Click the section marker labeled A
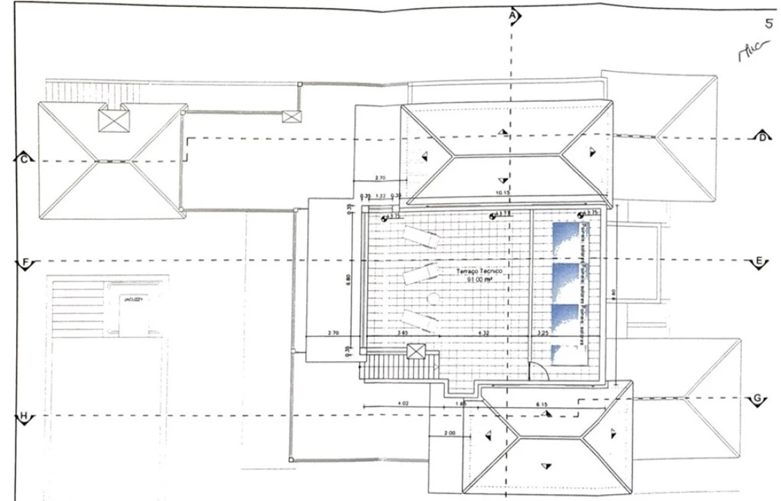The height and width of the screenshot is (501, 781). point(514,15)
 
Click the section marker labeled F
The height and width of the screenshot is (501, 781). point(25,263)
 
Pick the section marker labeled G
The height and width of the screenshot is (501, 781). point(757,399)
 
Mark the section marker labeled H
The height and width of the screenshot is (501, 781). point(24,417)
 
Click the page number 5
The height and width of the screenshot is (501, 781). point(768,24)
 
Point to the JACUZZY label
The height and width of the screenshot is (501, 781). point(130,299)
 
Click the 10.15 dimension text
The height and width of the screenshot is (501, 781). point(502,192)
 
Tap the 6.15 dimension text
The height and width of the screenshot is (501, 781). point(541,404)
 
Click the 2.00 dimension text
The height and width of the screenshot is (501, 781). point(449,434)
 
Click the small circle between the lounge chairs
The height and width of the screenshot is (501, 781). point(432,297)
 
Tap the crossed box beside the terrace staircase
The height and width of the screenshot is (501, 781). point(416,351)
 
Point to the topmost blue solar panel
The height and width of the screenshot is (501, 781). point(565,239)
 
